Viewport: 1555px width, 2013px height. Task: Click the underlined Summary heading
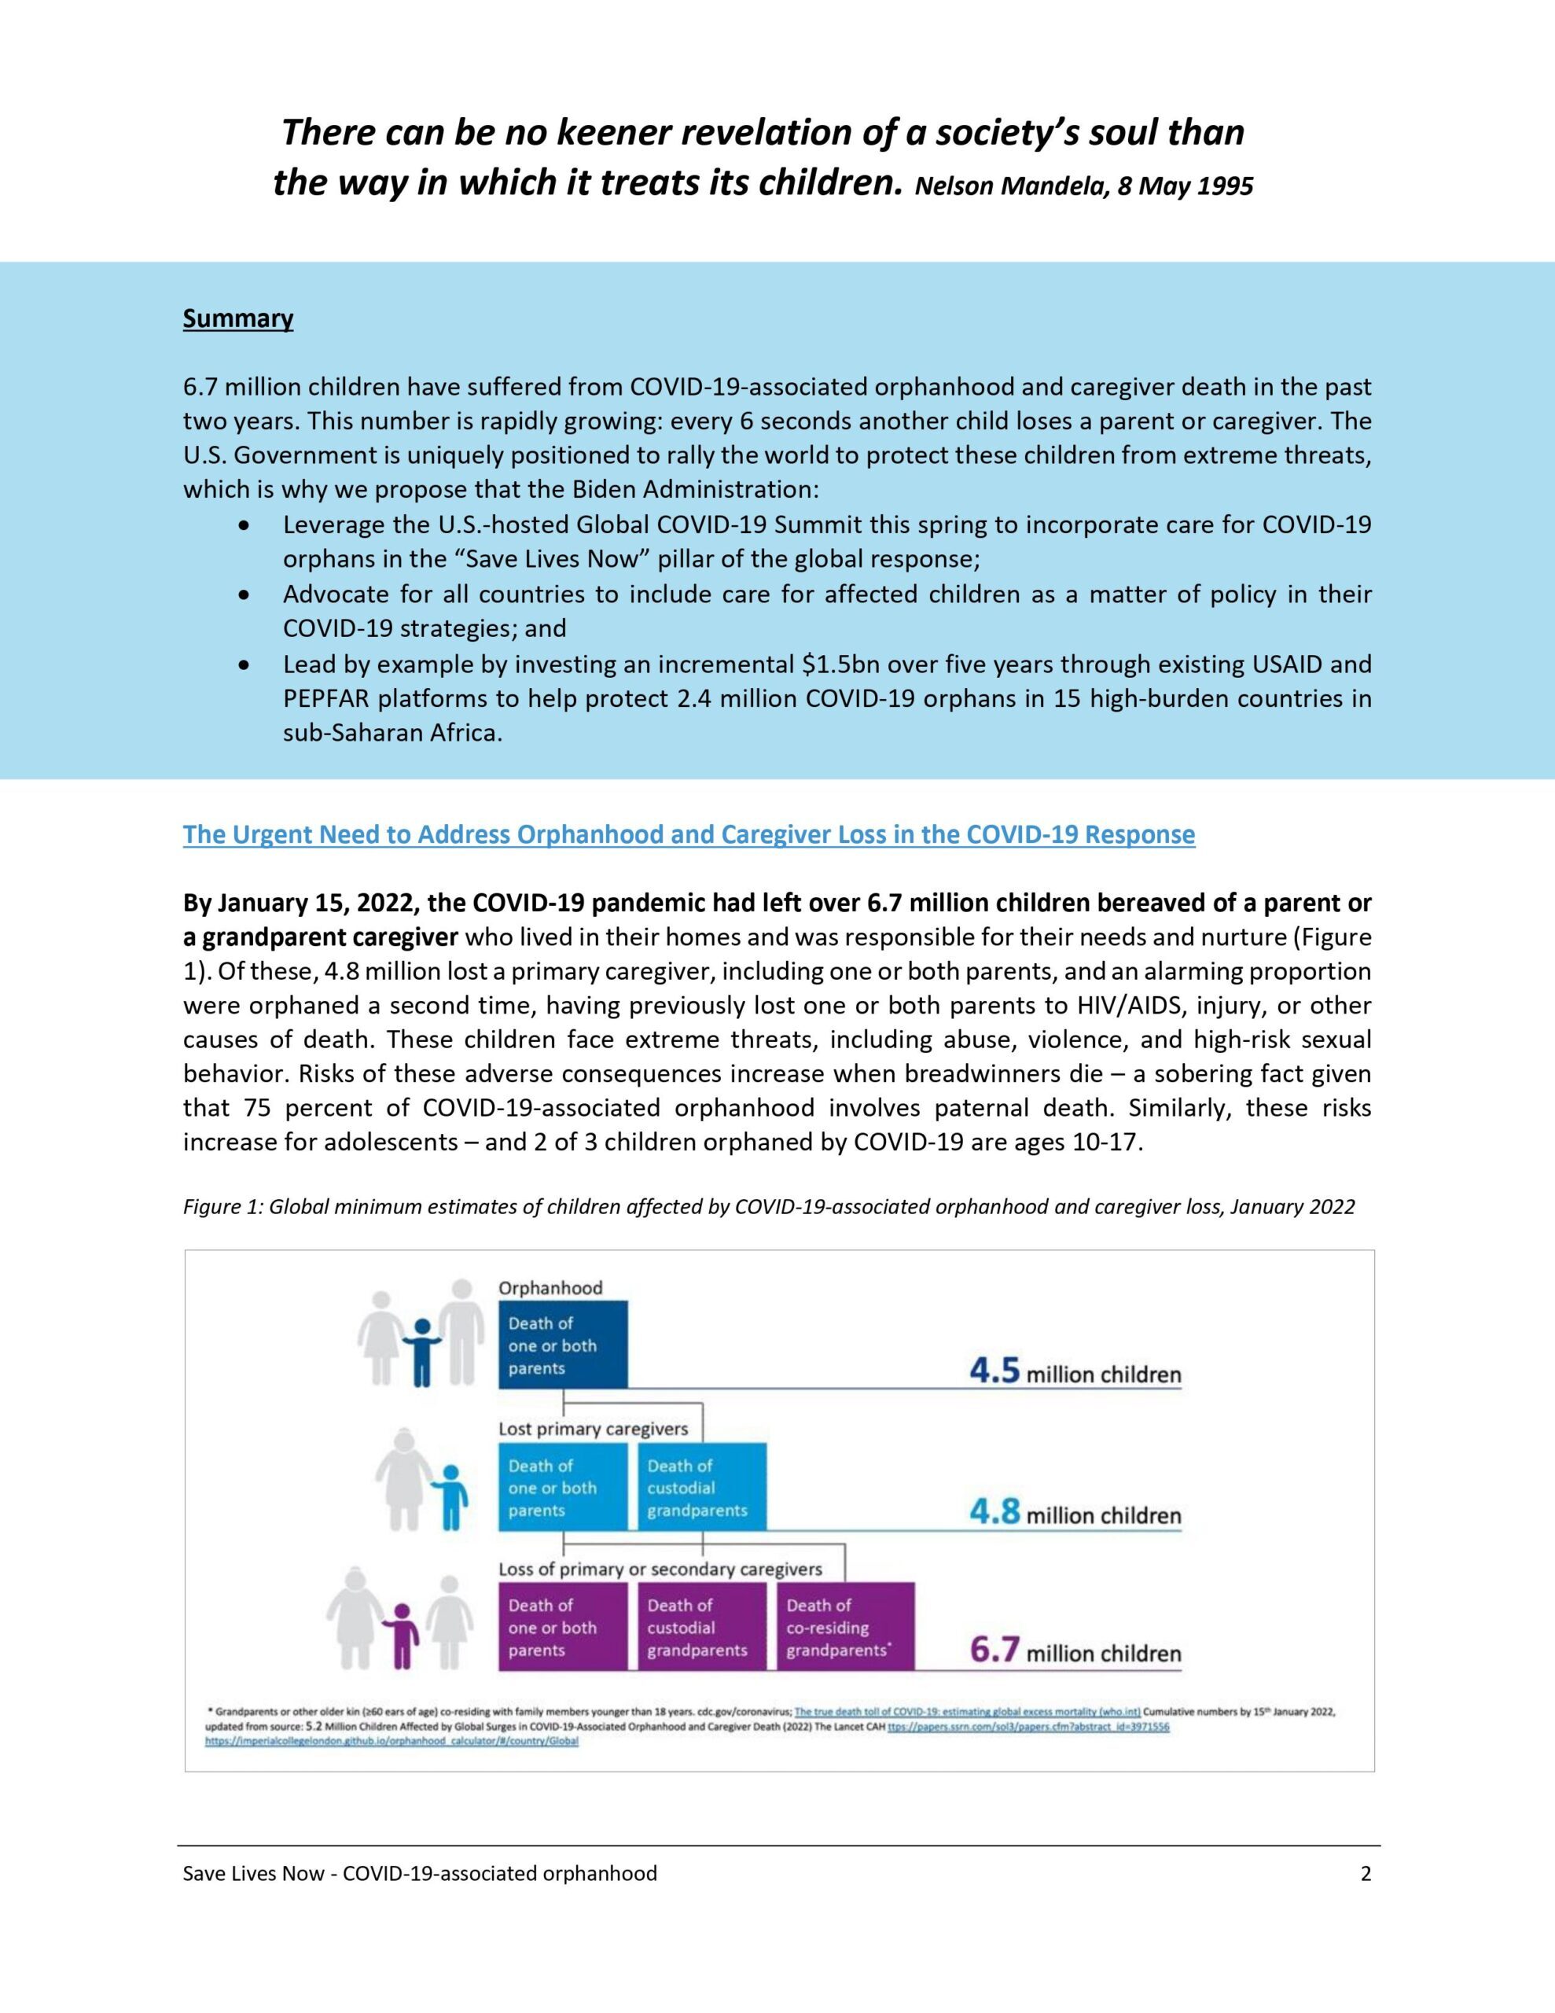pos(238,319)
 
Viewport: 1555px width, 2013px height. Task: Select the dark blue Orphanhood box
pos(562,1345)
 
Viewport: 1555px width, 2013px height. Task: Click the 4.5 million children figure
pos(1074,1374)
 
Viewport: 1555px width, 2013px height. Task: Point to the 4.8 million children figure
pos(1074,1514)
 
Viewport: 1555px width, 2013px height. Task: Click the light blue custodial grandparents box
pos(701,1488)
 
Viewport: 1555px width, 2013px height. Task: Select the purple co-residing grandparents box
pos(844,1627)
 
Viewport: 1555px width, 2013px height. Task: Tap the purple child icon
pos(401,1635)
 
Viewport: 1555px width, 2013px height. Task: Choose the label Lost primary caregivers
pos(593,1429)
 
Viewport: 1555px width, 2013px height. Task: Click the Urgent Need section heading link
pos(689,834)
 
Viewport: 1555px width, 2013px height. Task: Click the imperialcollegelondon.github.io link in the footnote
pos(391,1742)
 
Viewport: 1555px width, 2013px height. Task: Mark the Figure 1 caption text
pos(769,1206)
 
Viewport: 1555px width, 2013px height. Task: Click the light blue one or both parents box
pos(562,1488)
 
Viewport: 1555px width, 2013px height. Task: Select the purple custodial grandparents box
pos(701,1627)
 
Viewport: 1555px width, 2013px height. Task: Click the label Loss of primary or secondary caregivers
pos(660,1569)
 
